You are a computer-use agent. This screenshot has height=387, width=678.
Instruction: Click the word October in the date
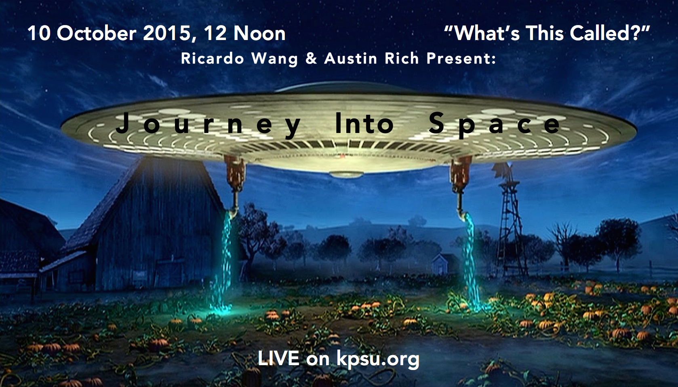[x=97, y=33]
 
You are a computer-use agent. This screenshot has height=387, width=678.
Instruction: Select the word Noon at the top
[x=259, y=33]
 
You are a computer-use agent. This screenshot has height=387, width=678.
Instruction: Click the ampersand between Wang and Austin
[x=311, y=58]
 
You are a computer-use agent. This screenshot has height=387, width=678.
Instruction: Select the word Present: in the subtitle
[x=461, y=58]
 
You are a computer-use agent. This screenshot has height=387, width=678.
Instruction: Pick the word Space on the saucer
[x=495, y=125]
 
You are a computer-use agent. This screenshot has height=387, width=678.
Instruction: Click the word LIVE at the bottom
[x=278, y=358]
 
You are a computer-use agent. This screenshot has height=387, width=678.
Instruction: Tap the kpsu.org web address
[x=378, y=360]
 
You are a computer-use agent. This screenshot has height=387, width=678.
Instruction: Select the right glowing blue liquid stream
[x=472, y=260]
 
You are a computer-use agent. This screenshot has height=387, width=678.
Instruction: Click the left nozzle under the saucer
[x=235, y=185]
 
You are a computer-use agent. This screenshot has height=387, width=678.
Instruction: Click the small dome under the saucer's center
[x=345, y=174]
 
